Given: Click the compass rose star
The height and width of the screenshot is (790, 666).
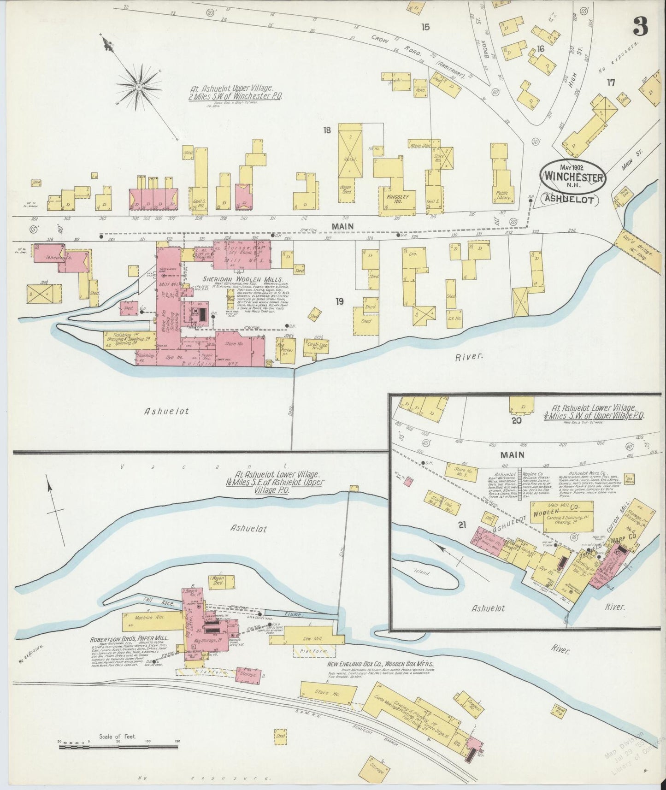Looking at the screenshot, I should (x=138, y=86).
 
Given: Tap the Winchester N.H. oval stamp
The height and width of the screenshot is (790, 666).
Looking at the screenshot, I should (x=573, y=175).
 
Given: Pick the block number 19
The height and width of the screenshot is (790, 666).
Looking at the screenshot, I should (x=340, y=302).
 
